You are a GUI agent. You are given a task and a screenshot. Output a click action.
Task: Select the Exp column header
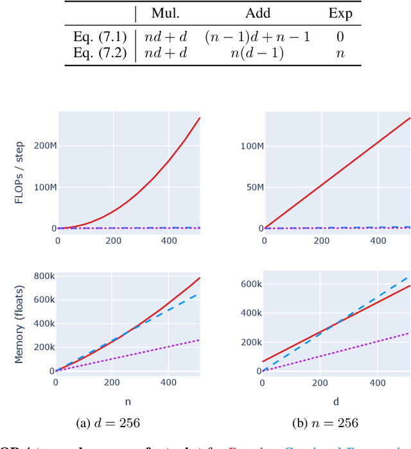click(340, 13)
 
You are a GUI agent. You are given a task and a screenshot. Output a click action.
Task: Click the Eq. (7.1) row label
click(96, 37)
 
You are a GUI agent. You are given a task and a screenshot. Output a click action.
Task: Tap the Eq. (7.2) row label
click(96, 53)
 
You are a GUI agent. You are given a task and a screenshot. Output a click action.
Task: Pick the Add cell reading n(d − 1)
click(258, 53)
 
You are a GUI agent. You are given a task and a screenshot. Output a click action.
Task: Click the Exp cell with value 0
click(340, 37)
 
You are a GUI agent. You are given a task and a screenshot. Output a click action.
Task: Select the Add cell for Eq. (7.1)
click(258, 37)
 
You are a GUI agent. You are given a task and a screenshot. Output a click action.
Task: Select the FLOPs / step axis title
click(20, 171)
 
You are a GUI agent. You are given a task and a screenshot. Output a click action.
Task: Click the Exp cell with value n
click(340, 53)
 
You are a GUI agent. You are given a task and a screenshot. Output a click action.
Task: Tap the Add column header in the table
click(258, 13)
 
